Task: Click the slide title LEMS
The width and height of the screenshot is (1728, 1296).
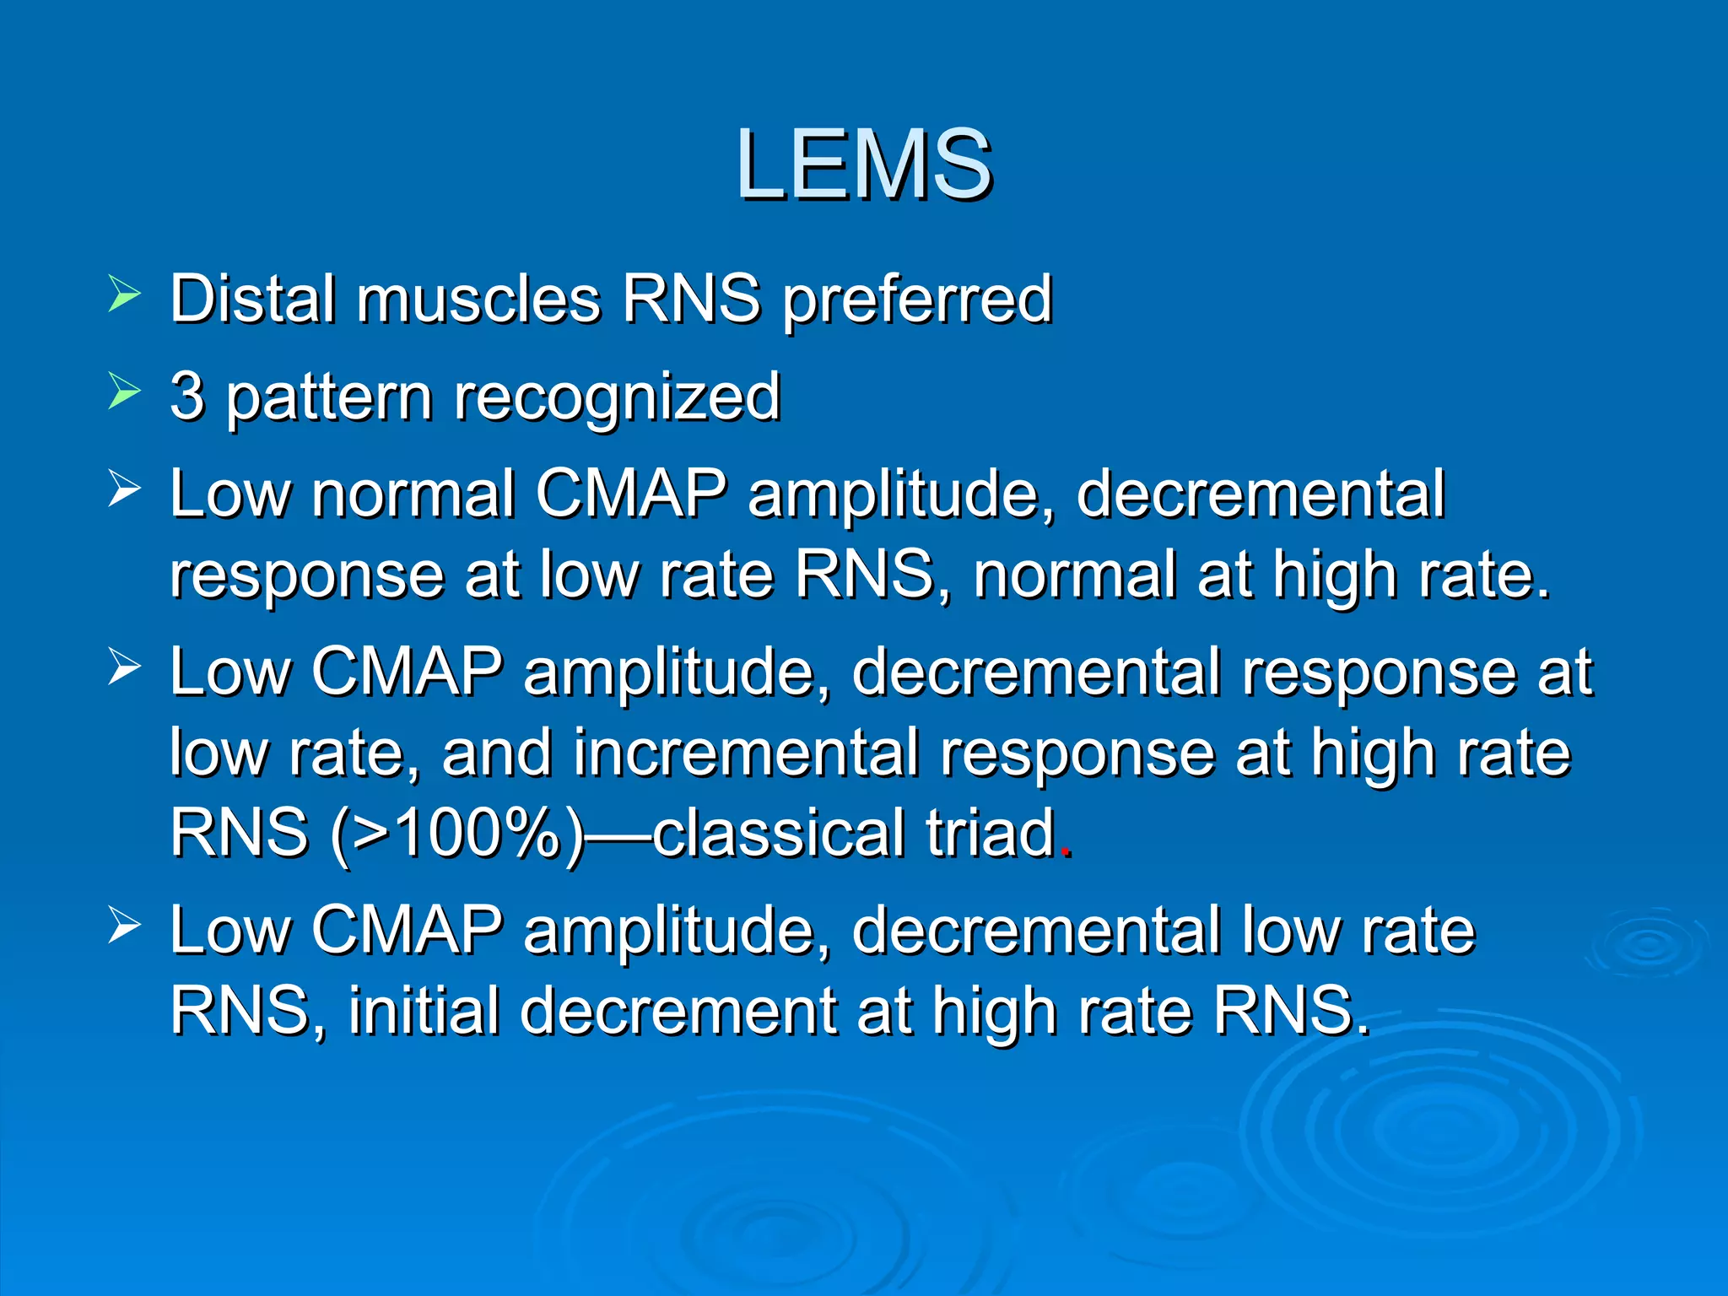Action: [x=864, y=164]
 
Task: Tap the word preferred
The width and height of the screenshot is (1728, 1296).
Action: [x=917, y=300]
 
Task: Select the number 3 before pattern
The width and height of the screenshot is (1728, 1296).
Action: [x=186, y=396]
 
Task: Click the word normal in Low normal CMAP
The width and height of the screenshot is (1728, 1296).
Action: [x=413, y=494]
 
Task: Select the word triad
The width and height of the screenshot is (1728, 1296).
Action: [x=991, y=833]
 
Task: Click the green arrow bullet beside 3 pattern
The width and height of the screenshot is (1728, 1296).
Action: [x=124, y=392]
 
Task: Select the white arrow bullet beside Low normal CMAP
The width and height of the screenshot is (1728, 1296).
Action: [x=124, y=489]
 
